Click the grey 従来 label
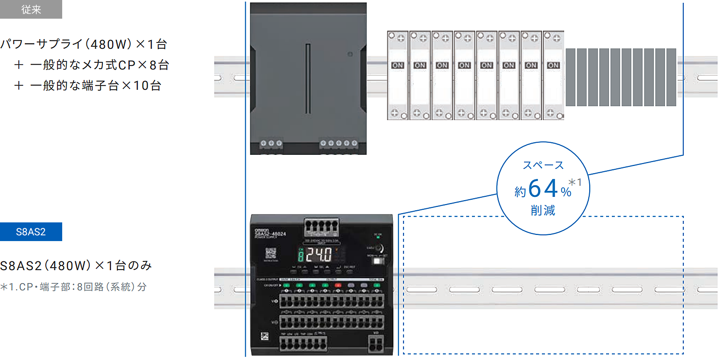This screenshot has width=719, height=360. [x=31, y=9]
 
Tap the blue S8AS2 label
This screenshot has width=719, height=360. [x=31, y=232]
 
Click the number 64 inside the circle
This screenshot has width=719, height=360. [x=543, y=189]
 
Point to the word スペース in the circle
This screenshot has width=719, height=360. [x=543, y=165]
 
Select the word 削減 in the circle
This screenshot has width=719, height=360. [x=543, y=210]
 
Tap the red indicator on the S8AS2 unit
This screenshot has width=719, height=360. [x=338, y=285]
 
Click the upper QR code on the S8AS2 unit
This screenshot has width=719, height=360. [x=271, y=253]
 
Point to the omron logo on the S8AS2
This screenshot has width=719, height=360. [x=262, y=230]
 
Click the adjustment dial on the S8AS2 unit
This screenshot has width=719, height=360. [x=379, y=248]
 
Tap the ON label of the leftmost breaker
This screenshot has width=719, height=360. [x=398, y=65]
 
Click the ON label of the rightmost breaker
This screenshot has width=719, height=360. [x=553, y=65]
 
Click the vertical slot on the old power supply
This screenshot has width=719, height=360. [x=308, y=79]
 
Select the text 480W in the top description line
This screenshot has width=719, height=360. [x=111, y=44]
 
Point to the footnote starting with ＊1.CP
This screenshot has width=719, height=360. [x=74, y=287]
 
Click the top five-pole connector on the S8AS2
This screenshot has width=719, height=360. [x=321, y=226]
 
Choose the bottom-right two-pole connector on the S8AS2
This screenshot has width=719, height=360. [x=376, y=344]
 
